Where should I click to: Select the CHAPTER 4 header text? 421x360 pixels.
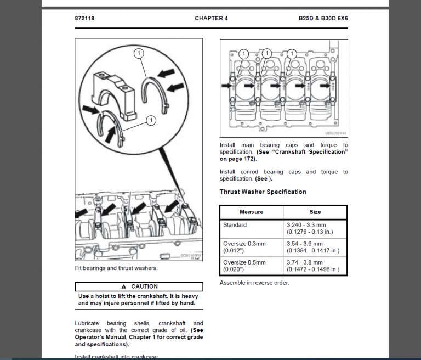(211, 18)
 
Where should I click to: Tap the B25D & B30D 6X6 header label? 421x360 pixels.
(323, 18)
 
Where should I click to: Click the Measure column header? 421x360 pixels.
(251, 212)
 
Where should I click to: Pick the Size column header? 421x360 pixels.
(315, 212)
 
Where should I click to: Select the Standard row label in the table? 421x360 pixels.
(235, 225)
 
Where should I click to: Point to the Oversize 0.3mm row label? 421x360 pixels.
(244, 244)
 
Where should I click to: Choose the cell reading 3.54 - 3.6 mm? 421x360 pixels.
(305, 244)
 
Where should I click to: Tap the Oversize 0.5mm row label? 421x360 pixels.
(244, 262)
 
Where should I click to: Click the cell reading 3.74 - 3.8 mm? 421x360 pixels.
(305, 262)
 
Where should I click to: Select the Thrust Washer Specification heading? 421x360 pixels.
(263, 192)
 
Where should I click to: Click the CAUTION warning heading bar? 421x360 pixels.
(139, 286)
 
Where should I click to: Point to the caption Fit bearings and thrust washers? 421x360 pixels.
(116, 268)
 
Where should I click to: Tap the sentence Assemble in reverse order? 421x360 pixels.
(254, 283)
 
